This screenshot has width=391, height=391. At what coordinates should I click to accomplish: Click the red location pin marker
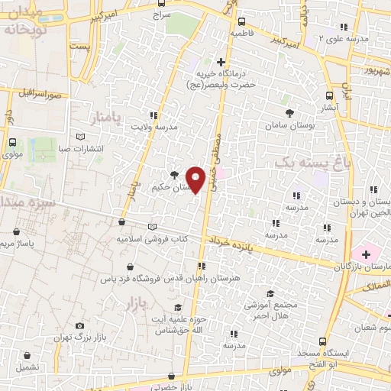point(196,178)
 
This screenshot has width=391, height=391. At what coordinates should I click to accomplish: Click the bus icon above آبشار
point(329,96)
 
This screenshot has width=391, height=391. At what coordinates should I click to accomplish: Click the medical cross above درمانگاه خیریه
point(221,61)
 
